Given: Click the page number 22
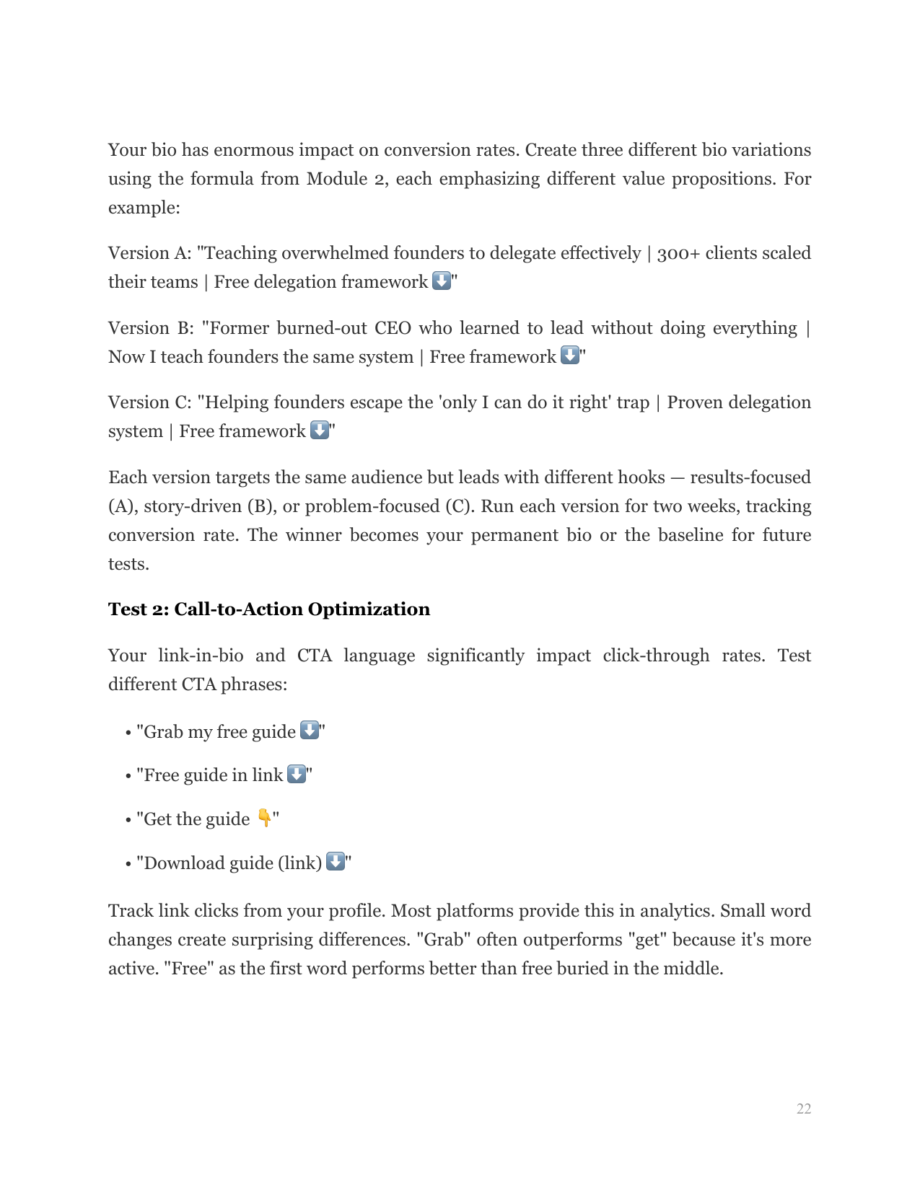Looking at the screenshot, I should pos(803,1109).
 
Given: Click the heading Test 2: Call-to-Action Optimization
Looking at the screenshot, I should pos(268,609).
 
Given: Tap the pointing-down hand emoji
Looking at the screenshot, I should pos(264,818).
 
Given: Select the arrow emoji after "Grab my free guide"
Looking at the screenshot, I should pos(309,731).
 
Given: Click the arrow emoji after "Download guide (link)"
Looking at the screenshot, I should pos(336,862).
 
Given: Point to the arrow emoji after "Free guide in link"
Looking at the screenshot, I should pos(297,774).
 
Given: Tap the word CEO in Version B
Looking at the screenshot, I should pos(393,328).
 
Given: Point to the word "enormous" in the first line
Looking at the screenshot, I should pos(253,150).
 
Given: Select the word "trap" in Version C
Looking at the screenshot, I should pos(632,402).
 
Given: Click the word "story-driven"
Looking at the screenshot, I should pos(193,506).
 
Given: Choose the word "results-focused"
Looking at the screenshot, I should pos(750,477).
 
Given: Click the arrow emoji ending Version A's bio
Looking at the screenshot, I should pos(441,281).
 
